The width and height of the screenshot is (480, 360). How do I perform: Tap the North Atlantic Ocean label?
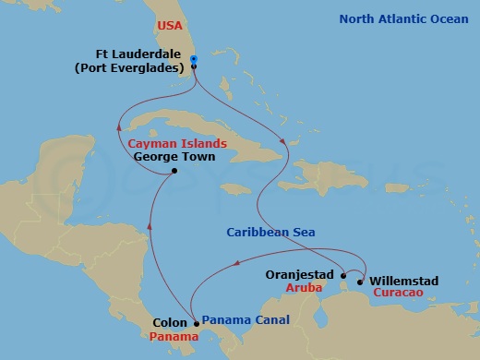point(404,18)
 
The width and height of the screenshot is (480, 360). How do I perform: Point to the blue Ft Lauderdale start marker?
point(194,60)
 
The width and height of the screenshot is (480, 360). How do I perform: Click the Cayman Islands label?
point(176,144)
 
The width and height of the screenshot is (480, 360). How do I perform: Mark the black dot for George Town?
point(174,171)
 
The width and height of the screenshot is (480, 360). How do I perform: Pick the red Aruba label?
point(311,288)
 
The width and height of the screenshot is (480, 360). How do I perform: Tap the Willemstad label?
point(402,280)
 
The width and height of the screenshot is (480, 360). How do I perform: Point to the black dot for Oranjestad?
point(342,275)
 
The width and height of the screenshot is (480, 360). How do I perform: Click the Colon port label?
point(171,324)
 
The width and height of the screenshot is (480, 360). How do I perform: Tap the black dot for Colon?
point(197,323)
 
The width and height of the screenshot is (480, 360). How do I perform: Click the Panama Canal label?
point(246,320)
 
